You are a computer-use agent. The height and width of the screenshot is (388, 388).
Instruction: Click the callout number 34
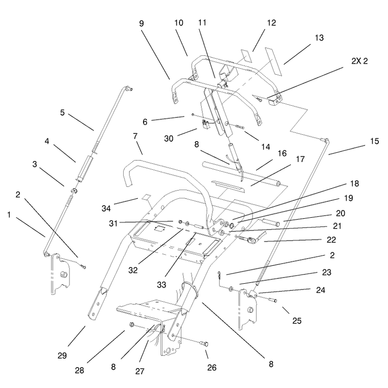tap(106, 209)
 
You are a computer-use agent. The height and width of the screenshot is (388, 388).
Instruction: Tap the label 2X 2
tap(359, 61)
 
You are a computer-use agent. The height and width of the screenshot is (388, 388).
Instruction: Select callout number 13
tap(319, 38)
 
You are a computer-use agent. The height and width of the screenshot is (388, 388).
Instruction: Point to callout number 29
tap(62, 356)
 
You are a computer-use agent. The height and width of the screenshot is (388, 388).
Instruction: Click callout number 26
tap(212, 368)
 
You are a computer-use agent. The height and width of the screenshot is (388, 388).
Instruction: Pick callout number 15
tap(374, 141)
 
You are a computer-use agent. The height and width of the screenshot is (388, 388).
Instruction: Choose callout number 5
tap(63, 113)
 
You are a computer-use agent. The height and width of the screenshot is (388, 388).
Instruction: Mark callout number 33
tap(162, 285)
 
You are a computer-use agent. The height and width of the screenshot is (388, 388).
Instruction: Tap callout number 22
tap(331, 240)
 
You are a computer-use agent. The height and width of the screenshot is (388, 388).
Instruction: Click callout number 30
tap(169, 138)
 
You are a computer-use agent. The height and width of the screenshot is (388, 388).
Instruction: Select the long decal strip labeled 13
tap(274, 62)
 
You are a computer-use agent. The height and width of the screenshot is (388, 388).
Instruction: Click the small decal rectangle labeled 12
tap(246, 56)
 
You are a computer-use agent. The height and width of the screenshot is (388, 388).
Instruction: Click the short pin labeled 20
tap(271, 222)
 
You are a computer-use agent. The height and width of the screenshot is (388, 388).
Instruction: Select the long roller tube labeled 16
tap(242, 173)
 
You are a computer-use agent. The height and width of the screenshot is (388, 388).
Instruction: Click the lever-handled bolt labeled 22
tap(251, 238)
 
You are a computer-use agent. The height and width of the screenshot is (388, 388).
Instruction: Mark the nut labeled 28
tap(131, 324)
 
